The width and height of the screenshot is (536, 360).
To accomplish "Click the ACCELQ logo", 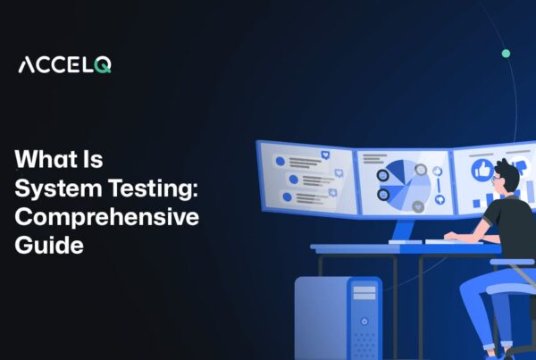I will click(64, 64).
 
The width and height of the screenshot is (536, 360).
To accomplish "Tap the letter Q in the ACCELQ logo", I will click(104, 65).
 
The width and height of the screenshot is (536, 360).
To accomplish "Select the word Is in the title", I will click(92, 162).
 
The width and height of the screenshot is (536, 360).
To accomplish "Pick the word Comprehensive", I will click(106, 219).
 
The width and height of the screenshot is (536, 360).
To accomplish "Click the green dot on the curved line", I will click(506, 54).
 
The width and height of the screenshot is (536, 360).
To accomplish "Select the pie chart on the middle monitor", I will click(406, 180).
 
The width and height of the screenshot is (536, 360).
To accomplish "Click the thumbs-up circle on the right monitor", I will click(482, 171).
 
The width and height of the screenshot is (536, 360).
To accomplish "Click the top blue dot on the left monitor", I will click(280, 162).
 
